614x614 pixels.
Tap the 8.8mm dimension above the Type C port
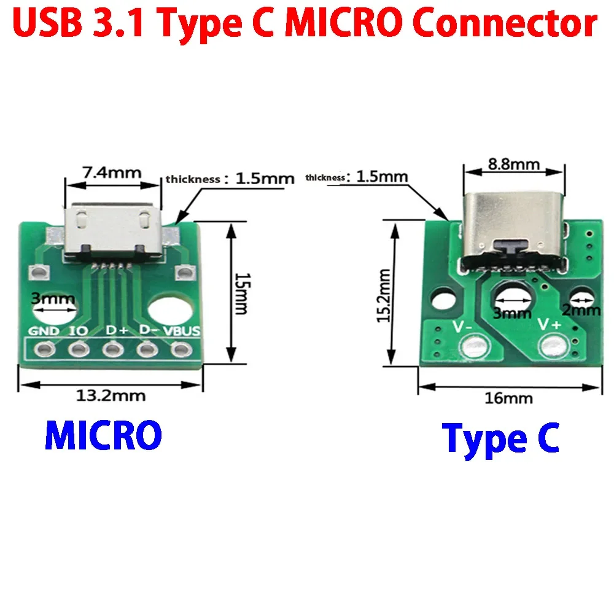513,164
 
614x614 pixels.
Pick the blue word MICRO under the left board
103,436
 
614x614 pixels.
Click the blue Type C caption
500,438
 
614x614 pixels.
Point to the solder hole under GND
44,351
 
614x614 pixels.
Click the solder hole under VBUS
179,351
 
